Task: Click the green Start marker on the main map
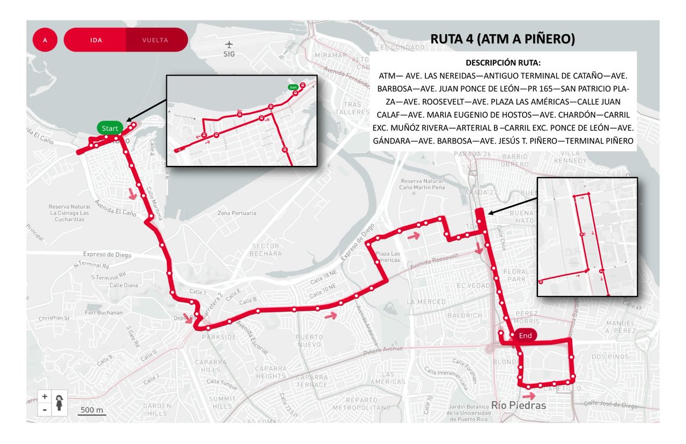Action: tap(110, 128)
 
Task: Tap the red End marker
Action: tap(525, 336)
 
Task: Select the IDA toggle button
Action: tap(95, 40)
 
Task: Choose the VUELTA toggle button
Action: tap(155, 40)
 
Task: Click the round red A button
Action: tap(45, 40)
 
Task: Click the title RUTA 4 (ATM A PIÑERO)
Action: tap(502, 39)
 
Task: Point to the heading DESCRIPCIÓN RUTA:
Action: tap(502, 62)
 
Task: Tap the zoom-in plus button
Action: tap(45, 396)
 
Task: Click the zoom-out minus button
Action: tap(45, 409)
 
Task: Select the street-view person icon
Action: tap(60, 402)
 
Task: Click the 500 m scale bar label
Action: tap(91, 410)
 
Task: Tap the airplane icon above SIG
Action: tap(229, 44)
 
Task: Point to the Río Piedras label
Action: tap(519, 405)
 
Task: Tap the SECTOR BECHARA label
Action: tap(266, 249)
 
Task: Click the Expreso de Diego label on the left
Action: tap(107, 255)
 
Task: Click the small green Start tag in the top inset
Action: tap(293, 86)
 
